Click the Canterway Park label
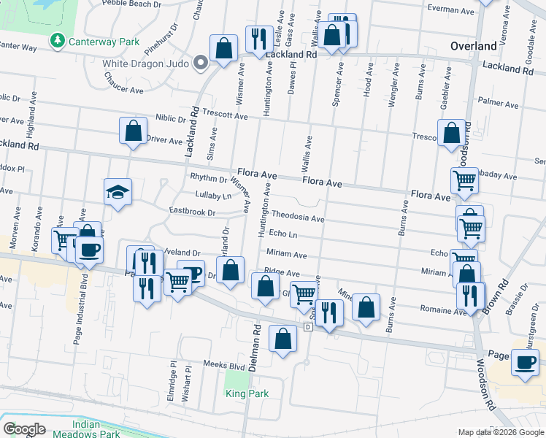coord(104,42)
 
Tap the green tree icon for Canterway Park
coord(57,41)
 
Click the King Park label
coord(247,393)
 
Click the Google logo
coord(24,429)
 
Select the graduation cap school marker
coord(118,193)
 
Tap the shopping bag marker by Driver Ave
coord(134,132)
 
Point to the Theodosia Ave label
coord(298,218)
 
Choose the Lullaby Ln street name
coord(213,195)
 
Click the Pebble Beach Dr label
coord(131,4)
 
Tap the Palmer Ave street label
coord(496,103)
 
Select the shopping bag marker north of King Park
coord(282,339)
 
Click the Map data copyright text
coord(500,432)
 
